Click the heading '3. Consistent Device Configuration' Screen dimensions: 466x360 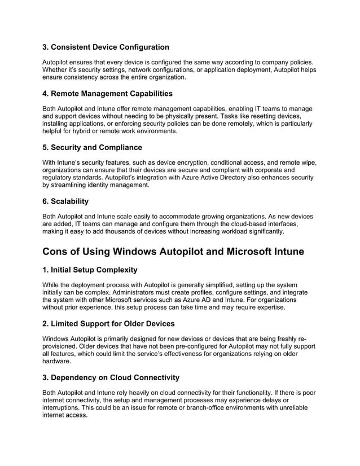click(x=106, y=47)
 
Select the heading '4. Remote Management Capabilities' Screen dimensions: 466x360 click(x=107, y=93)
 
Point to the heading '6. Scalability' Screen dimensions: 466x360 click(x=65, y=201)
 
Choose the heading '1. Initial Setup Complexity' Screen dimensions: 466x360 click(x=90, y=270)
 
